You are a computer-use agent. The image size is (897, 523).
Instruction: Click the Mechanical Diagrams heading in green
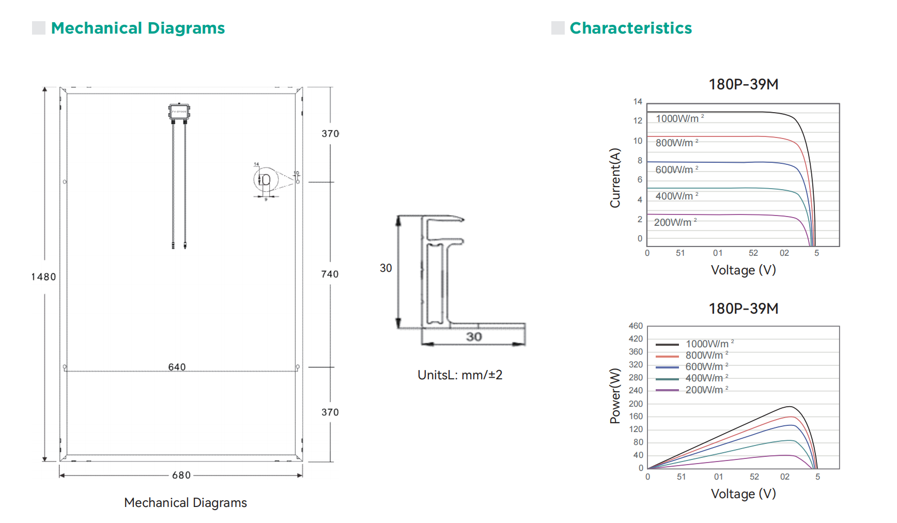[x=137, y=28]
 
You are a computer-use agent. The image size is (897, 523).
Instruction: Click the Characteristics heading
[x=630, y=28]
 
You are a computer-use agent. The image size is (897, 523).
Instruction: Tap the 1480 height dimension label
[x=43, y=277]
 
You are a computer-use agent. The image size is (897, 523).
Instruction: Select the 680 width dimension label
[x=181, y=475]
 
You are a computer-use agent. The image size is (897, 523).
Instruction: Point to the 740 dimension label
[x=330, y=274]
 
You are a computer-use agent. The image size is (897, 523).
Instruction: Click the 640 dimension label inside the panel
[x=177, y=367]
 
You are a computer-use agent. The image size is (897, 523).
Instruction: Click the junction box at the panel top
[x=179, y=112]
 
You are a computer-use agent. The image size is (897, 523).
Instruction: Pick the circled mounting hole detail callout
[x=266, y=180]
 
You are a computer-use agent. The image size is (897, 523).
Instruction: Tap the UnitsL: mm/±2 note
[x=460, y=375]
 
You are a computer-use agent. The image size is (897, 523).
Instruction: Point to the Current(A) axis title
[x=615, y=178]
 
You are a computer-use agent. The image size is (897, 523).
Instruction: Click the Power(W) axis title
[x=615, y=396]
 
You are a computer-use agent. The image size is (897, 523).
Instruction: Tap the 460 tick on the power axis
[x=636, y=326]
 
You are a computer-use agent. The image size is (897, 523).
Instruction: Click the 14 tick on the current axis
[x=638, y=102]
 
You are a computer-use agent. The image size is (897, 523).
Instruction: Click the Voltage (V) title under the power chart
[x=743, y=494]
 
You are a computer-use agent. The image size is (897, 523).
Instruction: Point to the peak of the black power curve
[x=789, y=407]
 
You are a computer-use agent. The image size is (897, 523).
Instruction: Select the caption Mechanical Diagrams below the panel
[x=185, y=503]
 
